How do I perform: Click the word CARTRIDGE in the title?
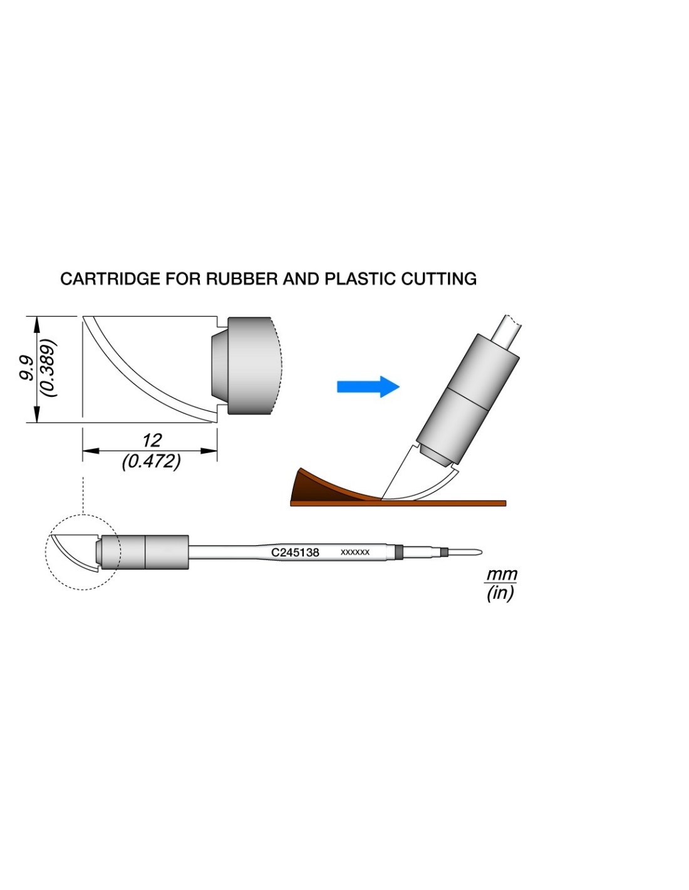pyautogui.click(x=110, y=279)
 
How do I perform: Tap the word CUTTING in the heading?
pyautogui.click(x=438, y=279)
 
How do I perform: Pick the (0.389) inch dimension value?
pyautogui.click(x=48, y=369)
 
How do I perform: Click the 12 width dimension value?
pyautogui.click(x=152, y=441)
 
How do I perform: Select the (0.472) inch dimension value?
pyautogui.click(x=151, y=462)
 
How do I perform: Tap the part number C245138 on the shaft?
pyautogui.click(x=295, y=553)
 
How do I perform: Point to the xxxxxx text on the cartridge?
pyautogui.click(x=355, y=552)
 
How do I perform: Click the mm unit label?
pyautogui.click(x=502, y=574)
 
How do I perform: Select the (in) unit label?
pyautogui.click(x=500, y=593)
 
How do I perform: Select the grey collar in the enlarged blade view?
pyautogui.click(x=249, y=366)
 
